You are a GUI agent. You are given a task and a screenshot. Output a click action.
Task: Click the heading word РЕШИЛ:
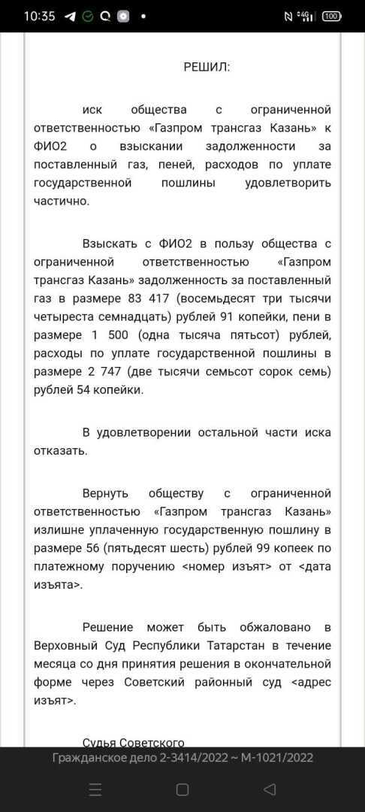pyautogui.click(x=207, y=67)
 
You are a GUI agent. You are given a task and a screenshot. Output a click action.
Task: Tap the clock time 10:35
pyautogui.click(x=39, y=16)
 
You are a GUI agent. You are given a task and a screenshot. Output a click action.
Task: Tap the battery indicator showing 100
pyautogui.click(x=332, y=16)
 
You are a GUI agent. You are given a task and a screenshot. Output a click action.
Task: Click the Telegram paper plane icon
pyautogui.click(x=70, y=16)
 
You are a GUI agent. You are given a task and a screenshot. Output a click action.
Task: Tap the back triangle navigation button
pyautogui.click(x=269, y=789)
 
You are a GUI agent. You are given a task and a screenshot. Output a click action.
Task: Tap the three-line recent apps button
pyautogui.click(x=95, y=789)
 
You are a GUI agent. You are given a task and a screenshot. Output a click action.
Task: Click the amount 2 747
pyautogui.click(x=95, y=371)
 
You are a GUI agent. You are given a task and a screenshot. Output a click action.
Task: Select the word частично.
pyautogui.click(x=62, y=201)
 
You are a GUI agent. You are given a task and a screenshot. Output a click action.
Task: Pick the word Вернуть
pyautogui.click(x=105, y=493)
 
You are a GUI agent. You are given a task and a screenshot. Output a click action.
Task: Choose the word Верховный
pyautogui.click(x=63, y=645)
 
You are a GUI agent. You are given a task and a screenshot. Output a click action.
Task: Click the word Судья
pyautogui.click(x=98, y=742)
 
